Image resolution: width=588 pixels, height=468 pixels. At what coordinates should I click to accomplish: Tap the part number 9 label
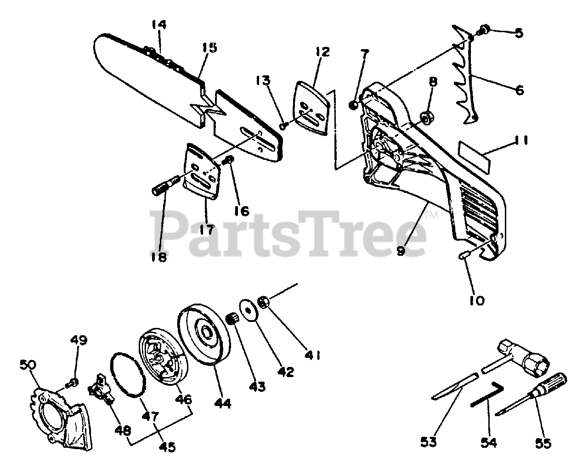pos(401,251)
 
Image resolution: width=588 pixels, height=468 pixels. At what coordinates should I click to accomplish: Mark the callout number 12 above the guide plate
pos(322,52)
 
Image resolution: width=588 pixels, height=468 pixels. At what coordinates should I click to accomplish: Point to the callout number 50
pos(28,365)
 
